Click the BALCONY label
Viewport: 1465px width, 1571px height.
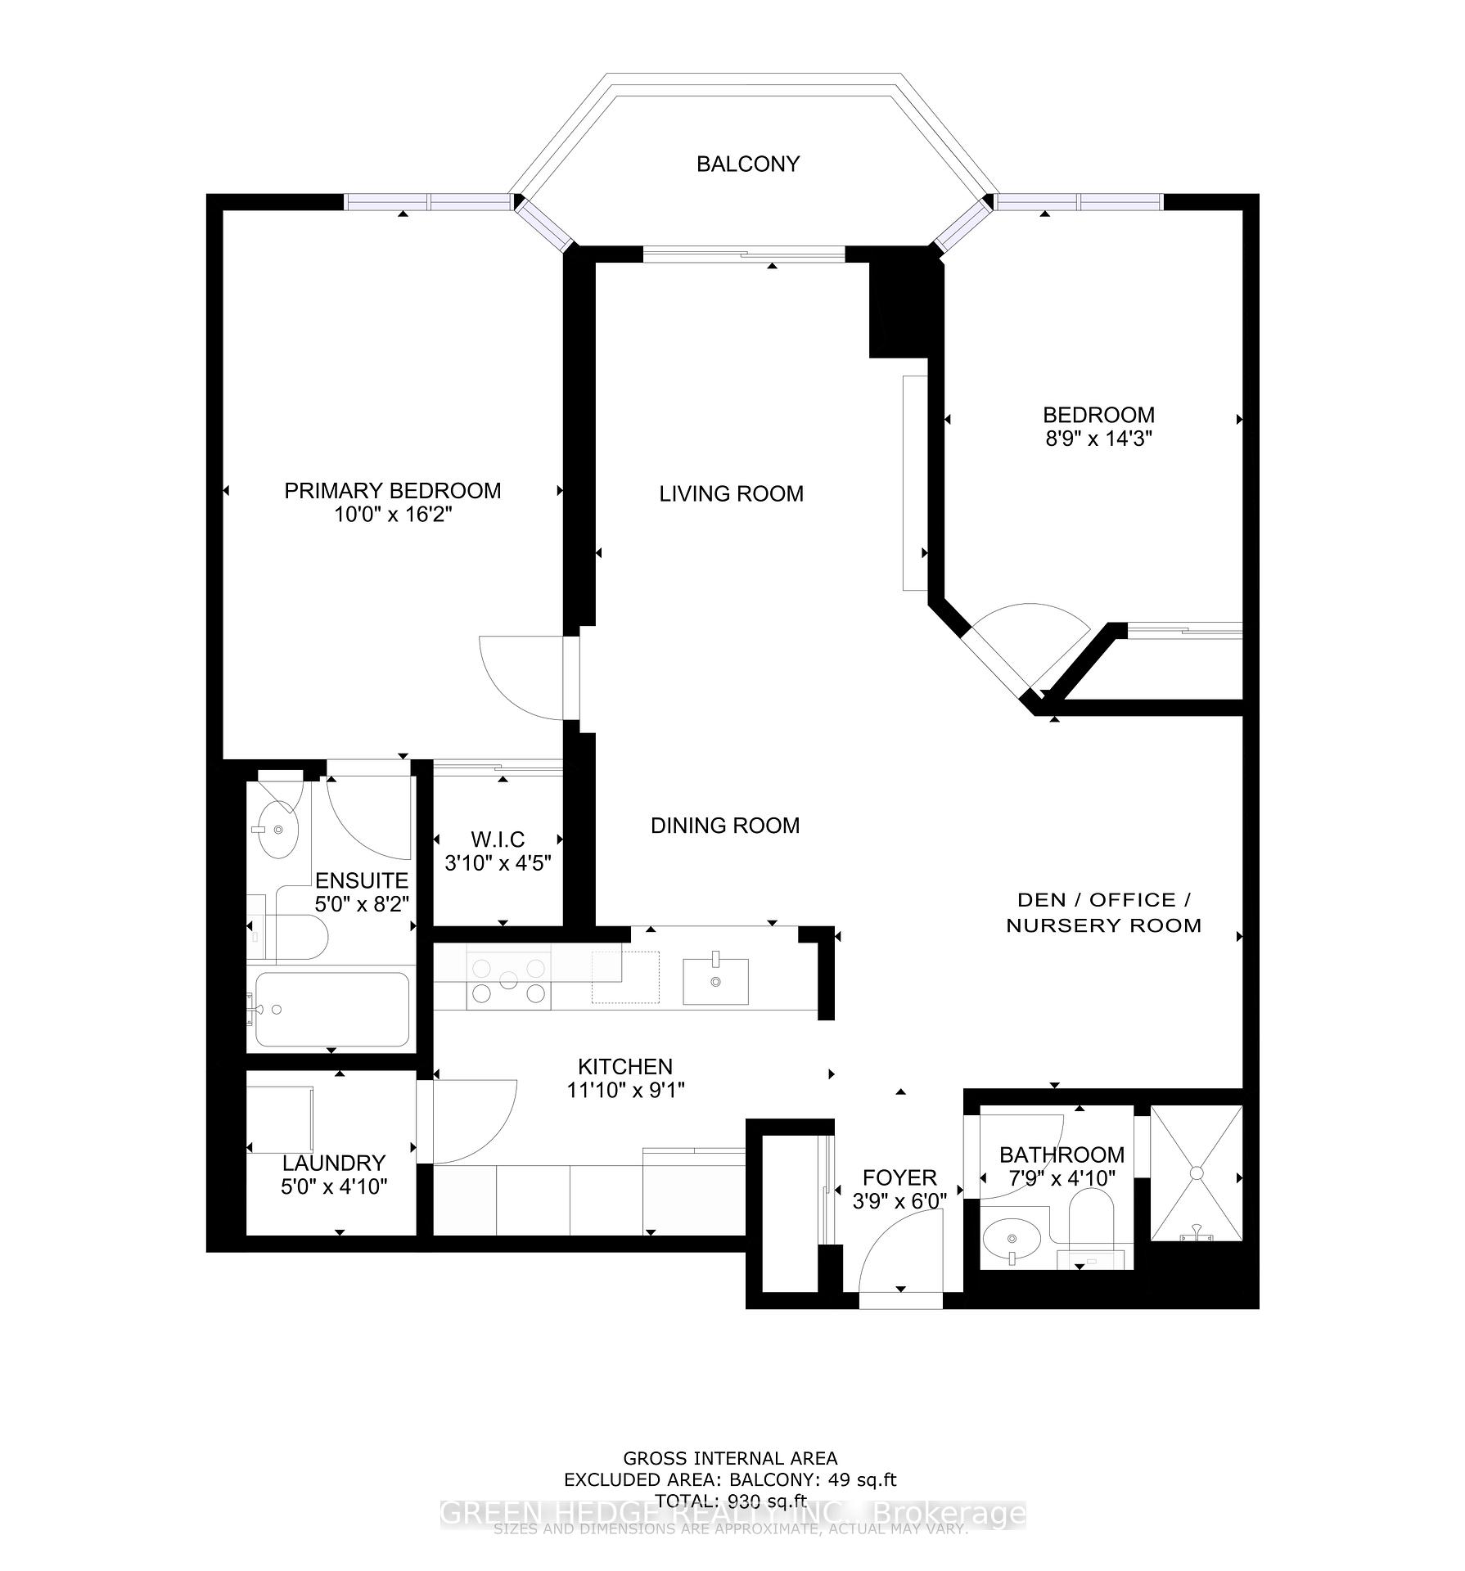point(747,164)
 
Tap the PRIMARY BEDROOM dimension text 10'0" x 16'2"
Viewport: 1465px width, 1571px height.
point(392,515)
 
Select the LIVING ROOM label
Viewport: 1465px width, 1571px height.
point(731,493)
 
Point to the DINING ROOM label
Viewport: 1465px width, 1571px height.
point(724,826)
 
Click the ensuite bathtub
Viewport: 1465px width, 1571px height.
point(331,1009)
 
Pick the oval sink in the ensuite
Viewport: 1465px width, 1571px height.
point(277,830)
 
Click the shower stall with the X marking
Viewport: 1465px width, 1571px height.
point(1196,1173)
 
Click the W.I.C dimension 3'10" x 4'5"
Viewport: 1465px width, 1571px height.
point(497,862)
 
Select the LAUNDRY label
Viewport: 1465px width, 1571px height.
point(333,1163)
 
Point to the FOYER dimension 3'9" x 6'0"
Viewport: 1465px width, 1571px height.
point(899,1200)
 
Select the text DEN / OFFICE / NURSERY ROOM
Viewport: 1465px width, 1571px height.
point(1103,912)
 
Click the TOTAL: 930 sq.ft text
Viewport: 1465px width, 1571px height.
point(730,1524)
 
